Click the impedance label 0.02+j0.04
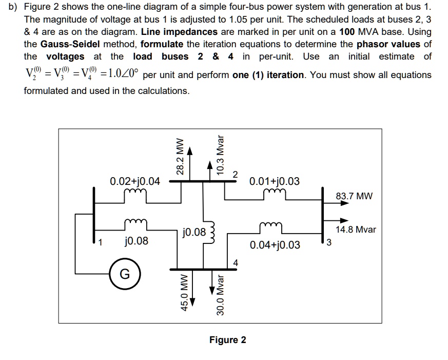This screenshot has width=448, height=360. pyautogui.click(x=135, y=181)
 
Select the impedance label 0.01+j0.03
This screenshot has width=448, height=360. pyautogui.click(x=275, y=181)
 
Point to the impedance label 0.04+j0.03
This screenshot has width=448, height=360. pyautogui.click(x=275, y=244)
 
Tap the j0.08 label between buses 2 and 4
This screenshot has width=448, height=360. pyautogui.click(x=194, y=232)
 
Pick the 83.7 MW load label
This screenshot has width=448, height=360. pyautogui.click(x=355, y=196)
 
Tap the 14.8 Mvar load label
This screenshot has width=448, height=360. pyautogui.click(x=356, y=229)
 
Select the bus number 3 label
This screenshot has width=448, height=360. pyautogui.click(x=330, y=243)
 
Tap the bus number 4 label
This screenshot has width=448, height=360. pyautogui.click(x=236, y=263)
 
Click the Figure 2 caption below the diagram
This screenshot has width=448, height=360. pyautogui.click(x=227, y=340)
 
